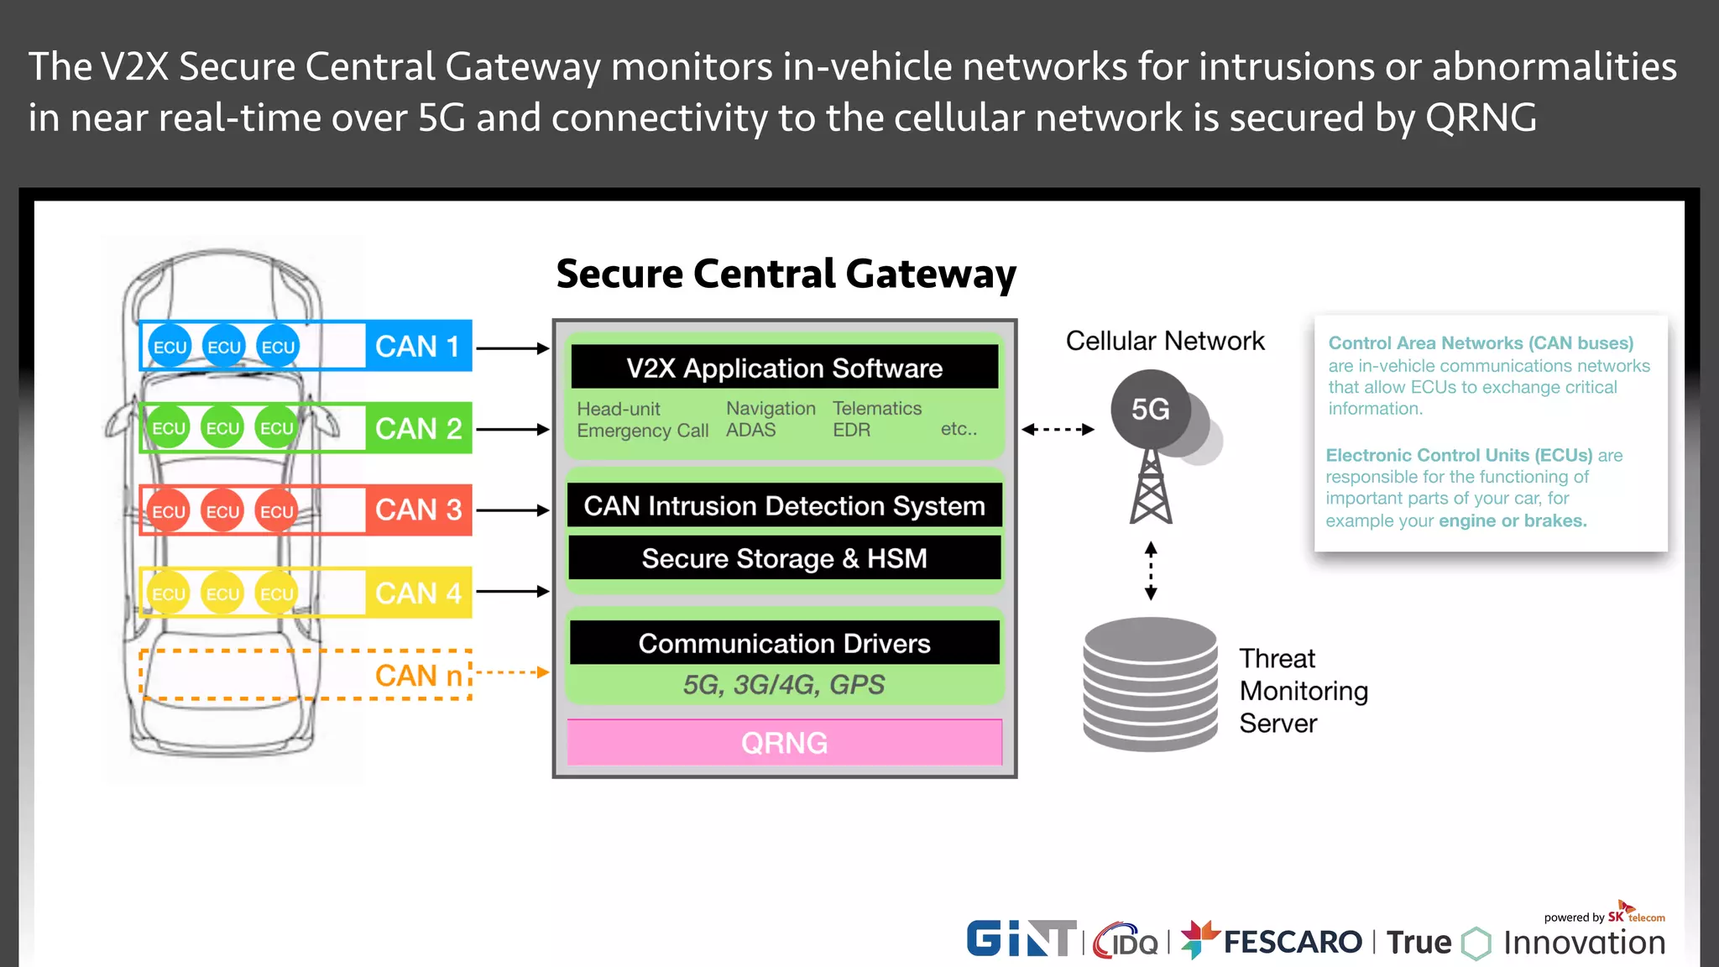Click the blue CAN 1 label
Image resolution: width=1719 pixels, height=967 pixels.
[x=418, y=346]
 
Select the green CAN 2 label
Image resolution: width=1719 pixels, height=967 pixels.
[x=418, y=428]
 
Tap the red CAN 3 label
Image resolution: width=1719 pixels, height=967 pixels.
[x=418, y=510]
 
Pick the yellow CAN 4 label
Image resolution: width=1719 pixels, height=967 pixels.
[x=418, y=593]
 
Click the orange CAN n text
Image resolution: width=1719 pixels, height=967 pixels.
[x=418, y=675]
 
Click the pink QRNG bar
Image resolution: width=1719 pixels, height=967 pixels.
[x=784, y=743]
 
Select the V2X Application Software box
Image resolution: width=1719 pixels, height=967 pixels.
[x=784, y=368]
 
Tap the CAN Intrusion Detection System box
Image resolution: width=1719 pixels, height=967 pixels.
[x=784, y=505]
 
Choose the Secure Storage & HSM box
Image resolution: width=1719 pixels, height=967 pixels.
[x=784, y=558]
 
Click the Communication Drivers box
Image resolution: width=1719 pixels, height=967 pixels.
[x=784, y=643]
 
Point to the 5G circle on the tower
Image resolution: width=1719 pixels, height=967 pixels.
[x=1150, y=410]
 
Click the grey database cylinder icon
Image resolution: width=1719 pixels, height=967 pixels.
[x=1150, y=684]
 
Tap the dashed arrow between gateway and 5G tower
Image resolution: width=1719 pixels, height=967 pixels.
[x=1058, y=429]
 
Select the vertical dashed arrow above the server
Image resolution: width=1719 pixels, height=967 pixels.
[x=1151, y=571]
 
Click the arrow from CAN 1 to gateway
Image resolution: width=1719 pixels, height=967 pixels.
[x=512, y=348]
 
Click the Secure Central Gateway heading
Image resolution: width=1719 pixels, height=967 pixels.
[x=786, y=274]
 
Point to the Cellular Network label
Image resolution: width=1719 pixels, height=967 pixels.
[x=1164, y=341]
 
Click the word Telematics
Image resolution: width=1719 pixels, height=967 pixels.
[x=876, y=408]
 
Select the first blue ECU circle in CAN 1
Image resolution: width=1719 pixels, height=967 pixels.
[x=170, y=347]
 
